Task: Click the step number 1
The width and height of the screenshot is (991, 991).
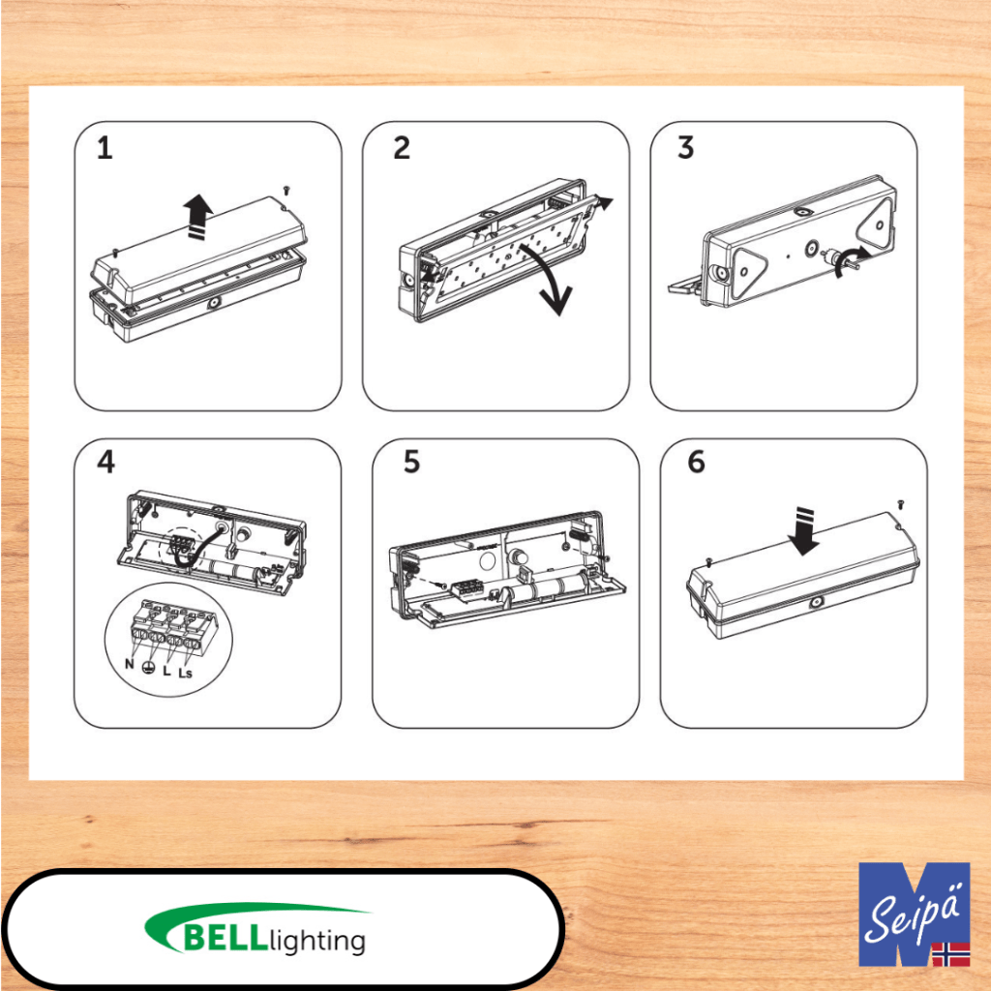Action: coord(105,148)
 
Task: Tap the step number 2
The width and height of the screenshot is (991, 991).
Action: coord(402,148)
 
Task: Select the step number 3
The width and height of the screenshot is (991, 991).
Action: coord(686,147)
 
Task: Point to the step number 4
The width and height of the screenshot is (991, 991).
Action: coord(106,462)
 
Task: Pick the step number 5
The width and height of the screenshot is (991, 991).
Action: coord(411,462)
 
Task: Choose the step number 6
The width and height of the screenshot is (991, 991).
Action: coord(696,462)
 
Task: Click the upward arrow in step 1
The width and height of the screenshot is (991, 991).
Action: coord(197,217)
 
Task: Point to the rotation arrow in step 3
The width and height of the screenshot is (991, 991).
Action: coord(850,260)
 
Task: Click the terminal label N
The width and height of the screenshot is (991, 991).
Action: coord(129,664)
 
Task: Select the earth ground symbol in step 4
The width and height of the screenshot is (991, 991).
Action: coord(148,667)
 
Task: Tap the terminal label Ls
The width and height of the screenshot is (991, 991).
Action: coord(185,673)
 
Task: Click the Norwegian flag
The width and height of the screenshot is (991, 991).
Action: coord(950,953)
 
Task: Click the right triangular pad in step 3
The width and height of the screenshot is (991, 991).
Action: coord(876,221)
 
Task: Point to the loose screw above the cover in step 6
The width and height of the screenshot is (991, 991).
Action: coord(901,503)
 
